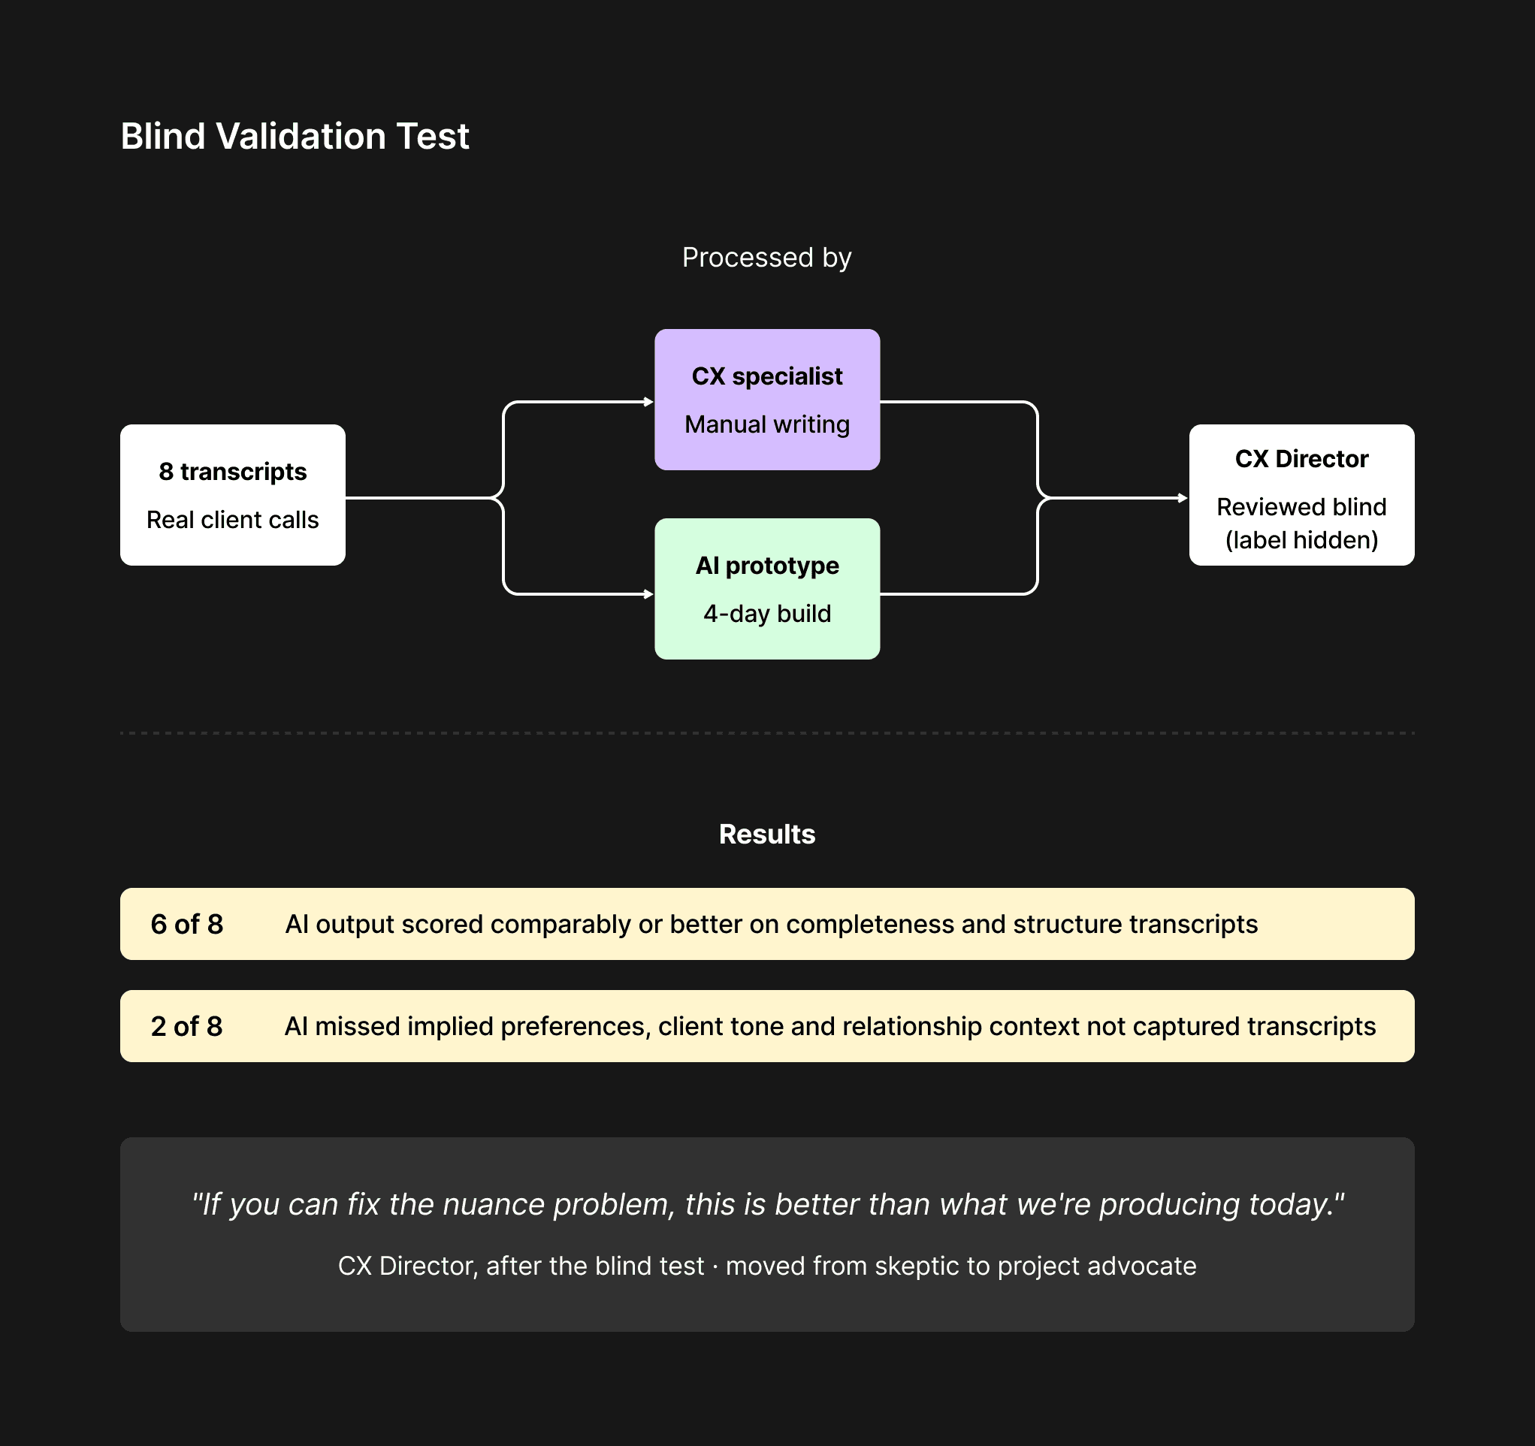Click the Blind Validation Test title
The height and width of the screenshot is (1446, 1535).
pyautogui.click(x=295, y=137)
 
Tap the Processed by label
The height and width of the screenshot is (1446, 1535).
pyautogui.click(x=766, y=257)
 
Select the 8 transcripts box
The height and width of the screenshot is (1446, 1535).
pyautogui.click(x=232, y=495)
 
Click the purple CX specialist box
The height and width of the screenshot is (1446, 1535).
pyautogui.click(x=766, y=399)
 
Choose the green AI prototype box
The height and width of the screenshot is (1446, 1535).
pyautogui.click(x=766, y=588)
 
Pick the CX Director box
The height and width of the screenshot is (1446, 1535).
pyautogui.click(x=1301, y=495)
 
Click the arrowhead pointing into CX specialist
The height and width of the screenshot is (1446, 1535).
pyautogui.click(x=648, y=401)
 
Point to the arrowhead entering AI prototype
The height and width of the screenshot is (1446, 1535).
pyautogui.click(x=648, y=594)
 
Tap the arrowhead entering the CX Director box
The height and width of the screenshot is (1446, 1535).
pyautogui.click(x=1183, y=498)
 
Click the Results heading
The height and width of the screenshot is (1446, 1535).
pyautogui.click(x=766, y=835)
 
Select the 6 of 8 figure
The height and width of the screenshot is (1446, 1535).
pyautogui.click(x=187, y=924)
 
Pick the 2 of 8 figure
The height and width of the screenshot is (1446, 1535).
pyautogui.click(x=187, y=1026)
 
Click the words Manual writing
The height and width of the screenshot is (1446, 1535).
pyautogui.click(x=766, y=424)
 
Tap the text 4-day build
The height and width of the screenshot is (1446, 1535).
pyautogui.click(x=766, y=614)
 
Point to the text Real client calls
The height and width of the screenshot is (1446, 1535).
pyautogui.click(x=232, y=521)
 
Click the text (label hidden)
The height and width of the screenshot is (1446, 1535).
pyautogui.click(x=1301, y=539)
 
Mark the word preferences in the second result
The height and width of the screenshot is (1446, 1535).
pyautogui.click(x=573, y=1026)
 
